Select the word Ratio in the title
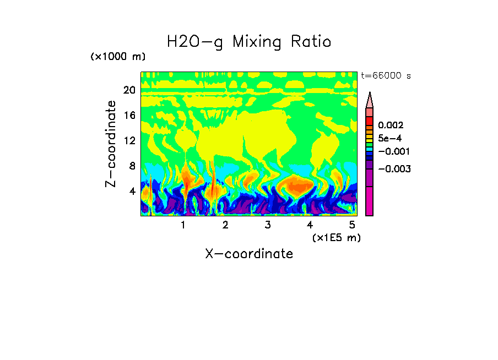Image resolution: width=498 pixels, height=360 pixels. [x=313, y=41]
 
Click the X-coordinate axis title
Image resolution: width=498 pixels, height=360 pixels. [x=249, y=254]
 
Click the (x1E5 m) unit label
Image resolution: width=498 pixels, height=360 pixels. [x=336, y=237]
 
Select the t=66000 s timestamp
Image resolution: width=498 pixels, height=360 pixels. [x=386, y=75]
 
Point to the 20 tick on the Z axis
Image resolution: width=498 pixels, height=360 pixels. [x=129, y=90]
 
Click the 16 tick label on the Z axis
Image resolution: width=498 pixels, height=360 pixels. [x=129, y=116]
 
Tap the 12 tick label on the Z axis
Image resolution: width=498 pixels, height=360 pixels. [x=129, y=140]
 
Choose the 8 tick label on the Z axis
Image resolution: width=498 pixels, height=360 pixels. [x=132, y=166]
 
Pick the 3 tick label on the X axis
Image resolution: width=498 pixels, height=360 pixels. [x=268, y=225]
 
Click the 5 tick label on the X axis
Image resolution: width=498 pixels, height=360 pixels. [x=353, y=225]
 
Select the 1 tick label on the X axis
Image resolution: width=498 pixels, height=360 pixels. [x=183, y=225]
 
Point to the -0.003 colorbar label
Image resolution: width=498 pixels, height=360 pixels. [x=394, y=169]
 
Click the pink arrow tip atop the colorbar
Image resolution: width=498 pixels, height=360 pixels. [x=370, y=100]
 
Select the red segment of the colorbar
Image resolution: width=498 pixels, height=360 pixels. [x=370, y=121]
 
